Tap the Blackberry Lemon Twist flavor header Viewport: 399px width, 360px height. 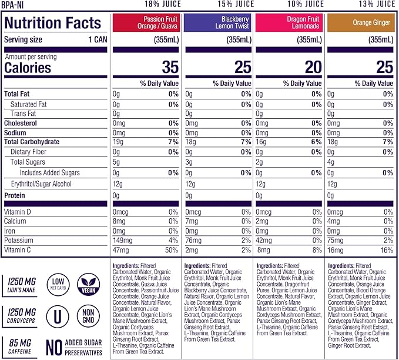pos(218,23)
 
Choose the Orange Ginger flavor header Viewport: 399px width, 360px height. pos(361,23)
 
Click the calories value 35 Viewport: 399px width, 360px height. pos(170,66)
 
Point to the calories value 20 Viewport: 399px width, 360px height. pos(313,66)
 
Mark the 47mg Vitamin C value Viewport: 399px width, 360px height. pos(120,251)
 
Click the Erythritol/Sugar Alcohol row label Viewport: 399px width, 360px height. pos(41,184)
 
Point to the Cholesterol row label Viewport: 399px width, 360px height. pos(21,124)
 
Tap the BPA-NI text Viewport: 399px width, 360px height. pos(12,4)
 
